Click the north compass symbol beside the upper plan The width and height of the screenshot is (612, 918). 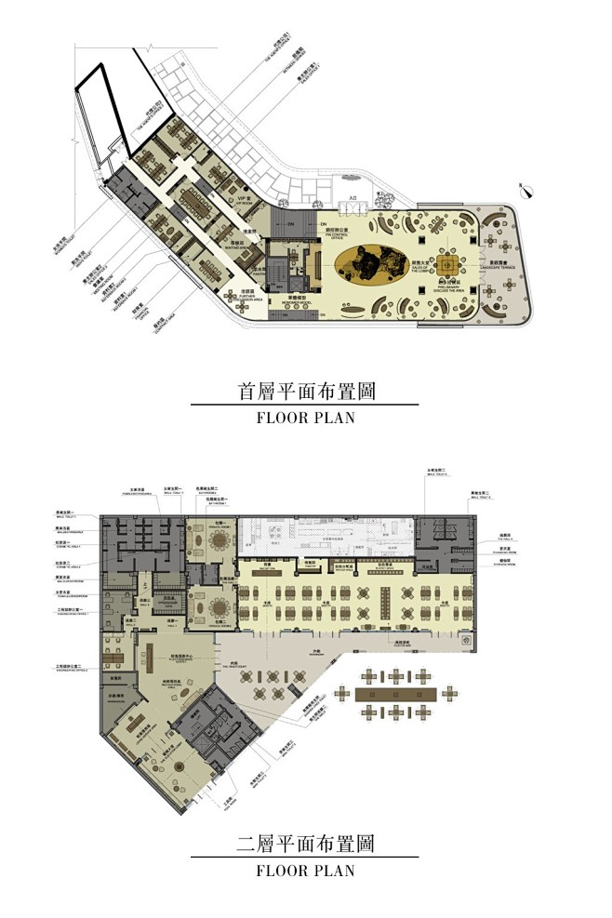pos(527,193)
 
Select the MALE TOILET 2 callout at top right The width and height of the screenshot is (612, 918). pos(440,473)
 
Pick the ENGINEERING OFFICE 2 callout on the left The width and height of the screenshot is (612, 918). pos(75,668)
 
